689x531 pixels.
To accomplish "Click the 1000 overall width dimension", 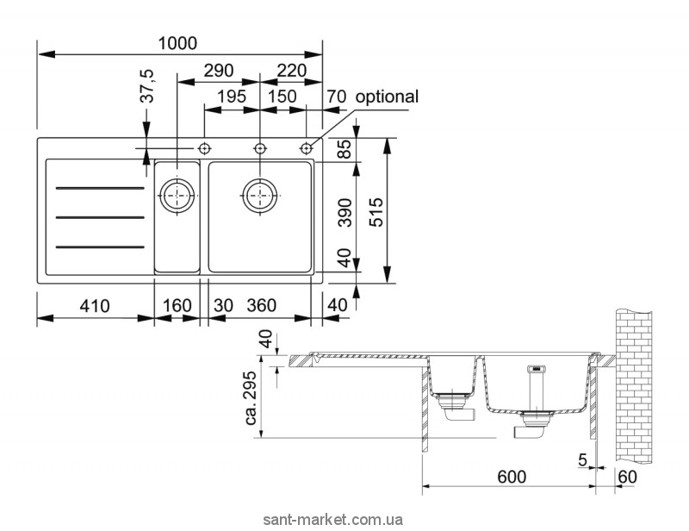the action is tap(177, 43).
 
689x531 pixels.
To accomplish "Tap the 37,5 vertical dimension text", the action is tap(148, 86).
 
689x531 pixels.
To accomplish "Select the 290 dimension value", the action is tap(219, 71).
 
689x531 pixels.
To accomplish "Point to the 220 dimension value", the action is tap(292, 71).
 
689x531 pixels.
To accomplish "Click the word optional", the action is tap(387, 97).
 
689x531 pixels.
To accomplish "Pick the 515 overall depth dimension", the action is tap(376, 213).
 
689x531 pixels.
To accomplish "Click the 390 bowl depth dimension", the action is tap(346, 213).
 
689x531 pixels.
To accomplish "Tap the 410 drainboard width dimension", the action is tap(95, 306).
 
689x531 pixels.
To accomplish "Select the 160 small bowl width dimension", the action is tap(177, 306).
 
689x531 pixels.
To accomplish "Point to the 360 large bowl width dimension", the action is tap(262, 305).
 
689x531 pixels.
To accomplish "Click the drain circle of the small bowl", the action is tap(177, 196).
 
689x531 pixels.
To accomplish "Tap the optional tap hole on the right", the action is tap(307, 149).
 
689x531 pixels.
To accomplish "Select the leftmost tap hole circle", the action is tap(204, 149).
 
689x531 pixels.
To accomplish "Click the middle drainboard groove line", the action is tap(100, 217).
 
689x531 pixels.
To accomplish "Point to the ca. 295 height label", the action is tap(251, 398).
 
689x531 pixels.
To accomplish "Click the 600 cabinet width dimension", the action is tap(512, 477).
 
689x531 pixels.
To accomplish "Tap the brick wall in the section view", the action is tap(633, 386).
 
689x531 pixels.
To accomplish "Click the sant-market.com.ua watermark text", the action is tap(332, 520).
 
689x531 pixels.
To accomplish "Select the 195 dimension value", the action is tap(232, 97).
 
